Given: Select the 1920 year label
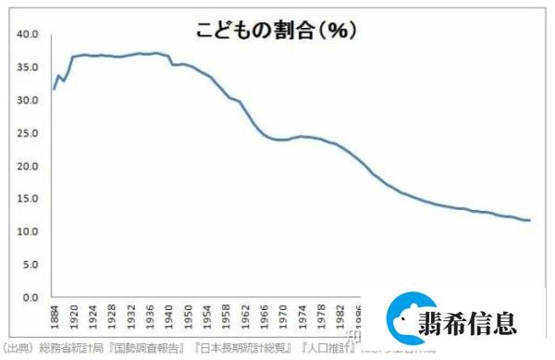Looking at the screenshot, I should (75, 315).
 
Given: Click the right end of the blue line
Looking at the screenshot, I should (529, 220).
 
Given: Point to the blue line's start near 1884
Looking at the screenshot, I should (54, 89).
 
